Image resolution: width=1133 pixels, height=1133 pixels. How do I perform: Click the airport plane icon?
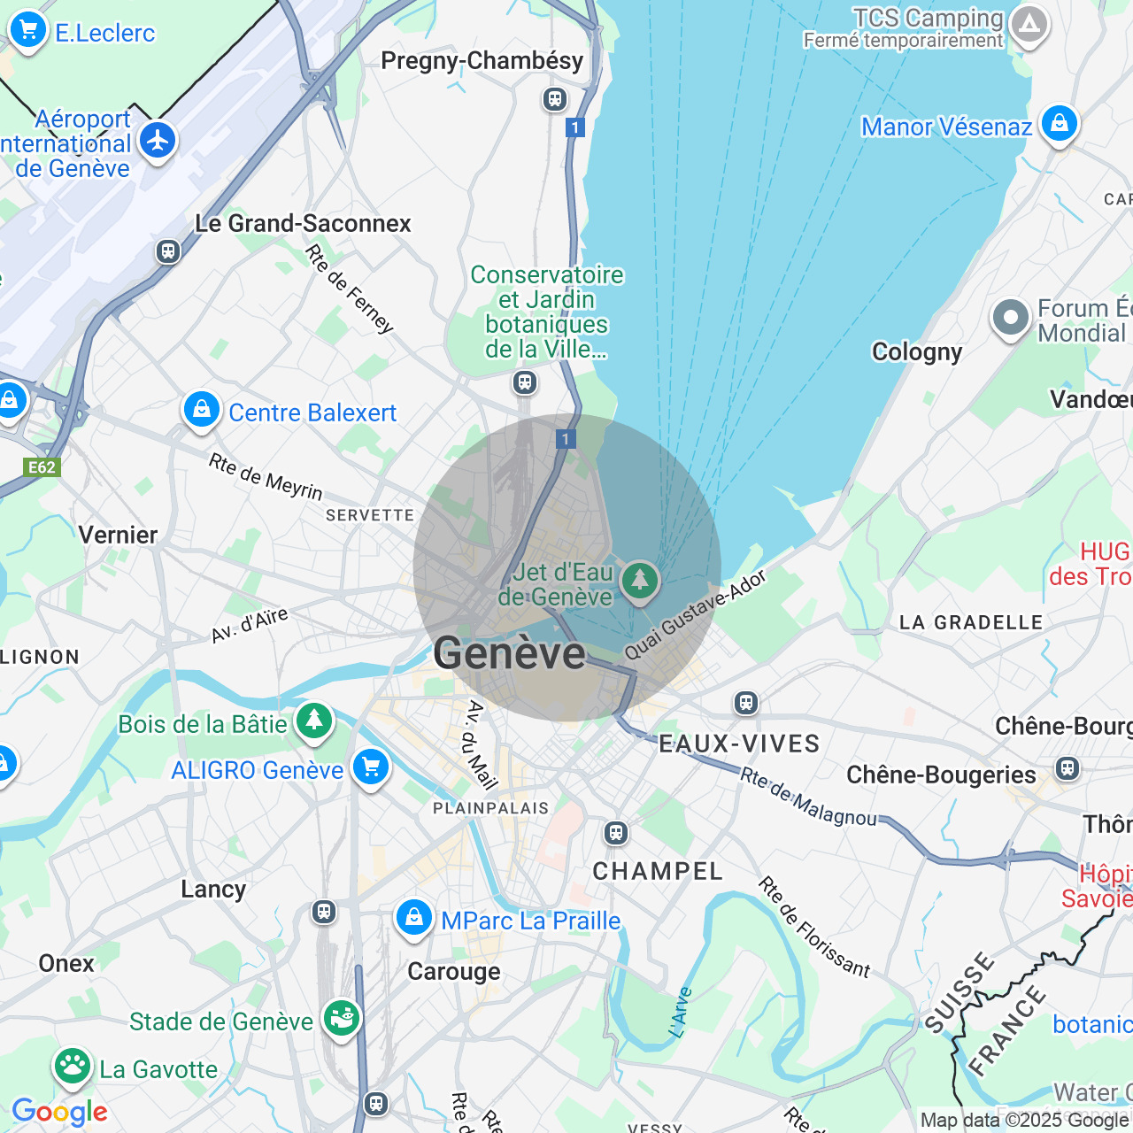[158, 141]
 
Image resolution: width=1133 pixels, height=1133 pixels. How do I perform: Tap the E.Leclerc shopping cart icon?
[27, 31]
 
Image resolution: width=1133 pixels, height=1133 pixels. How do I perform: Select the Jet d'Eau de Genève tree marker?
[640, 582]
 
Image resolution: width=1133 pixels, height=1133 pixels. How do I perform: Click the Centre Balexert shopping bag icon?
[202, 411]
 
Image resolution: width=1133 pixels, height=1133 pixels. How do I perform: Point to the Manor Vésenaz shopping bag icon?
[1059, 124]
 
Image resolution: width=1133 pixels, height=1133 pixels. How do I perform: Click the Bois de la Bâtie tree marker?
[314, 721]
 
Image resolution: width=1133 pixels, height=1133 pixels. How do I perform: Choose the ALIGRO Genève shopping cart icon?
[371, 767]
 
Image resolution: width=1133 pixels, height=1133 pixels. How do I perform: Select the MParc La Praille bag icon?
[413, 919]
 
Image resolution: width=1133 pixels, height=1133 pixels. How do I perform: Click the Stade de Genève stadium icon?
[341, 1019]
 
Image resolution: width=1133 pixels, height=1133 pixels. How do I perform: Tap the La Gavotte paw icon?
[73, 1067]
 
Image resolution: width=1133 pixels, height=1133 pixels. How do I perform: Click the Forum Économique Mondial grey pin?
[1010, 318]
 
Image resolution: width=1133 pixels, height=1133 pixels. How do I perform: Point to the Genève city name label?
[509, 653]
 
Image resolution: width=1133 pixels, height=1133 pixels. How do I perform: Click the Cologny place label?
[917, 352]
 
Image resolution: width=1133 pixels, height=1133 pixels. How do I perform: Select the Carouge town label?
[454, 972]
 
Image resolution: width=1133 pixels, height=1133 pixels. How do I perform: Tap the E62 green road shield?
[42, 467]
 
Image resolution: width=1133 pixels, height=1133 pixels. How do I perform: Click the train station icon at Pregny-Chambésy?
[555, 98]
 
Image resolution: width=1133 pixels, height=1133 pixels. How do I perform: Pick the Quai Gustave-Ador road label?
[696, 614]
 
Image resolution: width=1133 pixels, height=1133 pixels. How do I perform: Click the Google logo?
[59, 1112]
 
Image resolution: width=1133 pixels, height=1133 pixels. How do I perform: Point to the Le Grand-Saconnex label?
[303, 223]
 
